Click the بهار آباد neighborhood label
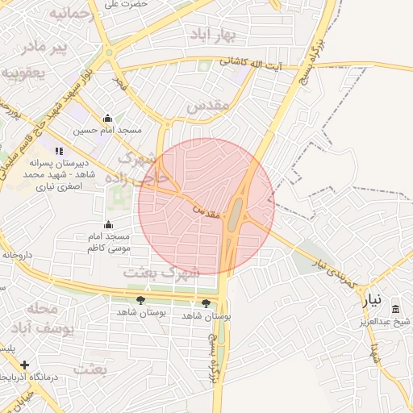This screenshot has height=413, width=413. [x=213, y=35]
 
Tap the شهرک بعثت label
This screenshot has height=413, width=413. [x=162, y=273]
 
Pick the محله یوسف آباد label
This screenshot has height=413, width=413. [x=50, y=319]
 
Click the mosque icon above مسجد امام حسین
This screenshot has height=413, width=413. [x=108, y=119]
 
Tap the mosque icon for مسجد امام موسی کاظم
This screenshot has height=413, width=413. [x=108, y=225]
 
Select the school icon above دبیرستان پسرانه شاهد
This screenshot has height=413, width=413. [x=58, y=150]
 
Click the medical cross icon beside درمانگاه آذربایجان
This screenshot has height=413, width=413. [x=25, y=365]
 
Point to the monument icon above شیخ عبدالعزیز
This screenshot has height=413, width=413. [x=395, y=309]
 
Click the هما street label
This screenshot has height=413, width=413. [x=374, y=351]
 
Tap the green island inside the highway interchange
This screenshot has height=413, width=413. [x=235, y=216]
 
